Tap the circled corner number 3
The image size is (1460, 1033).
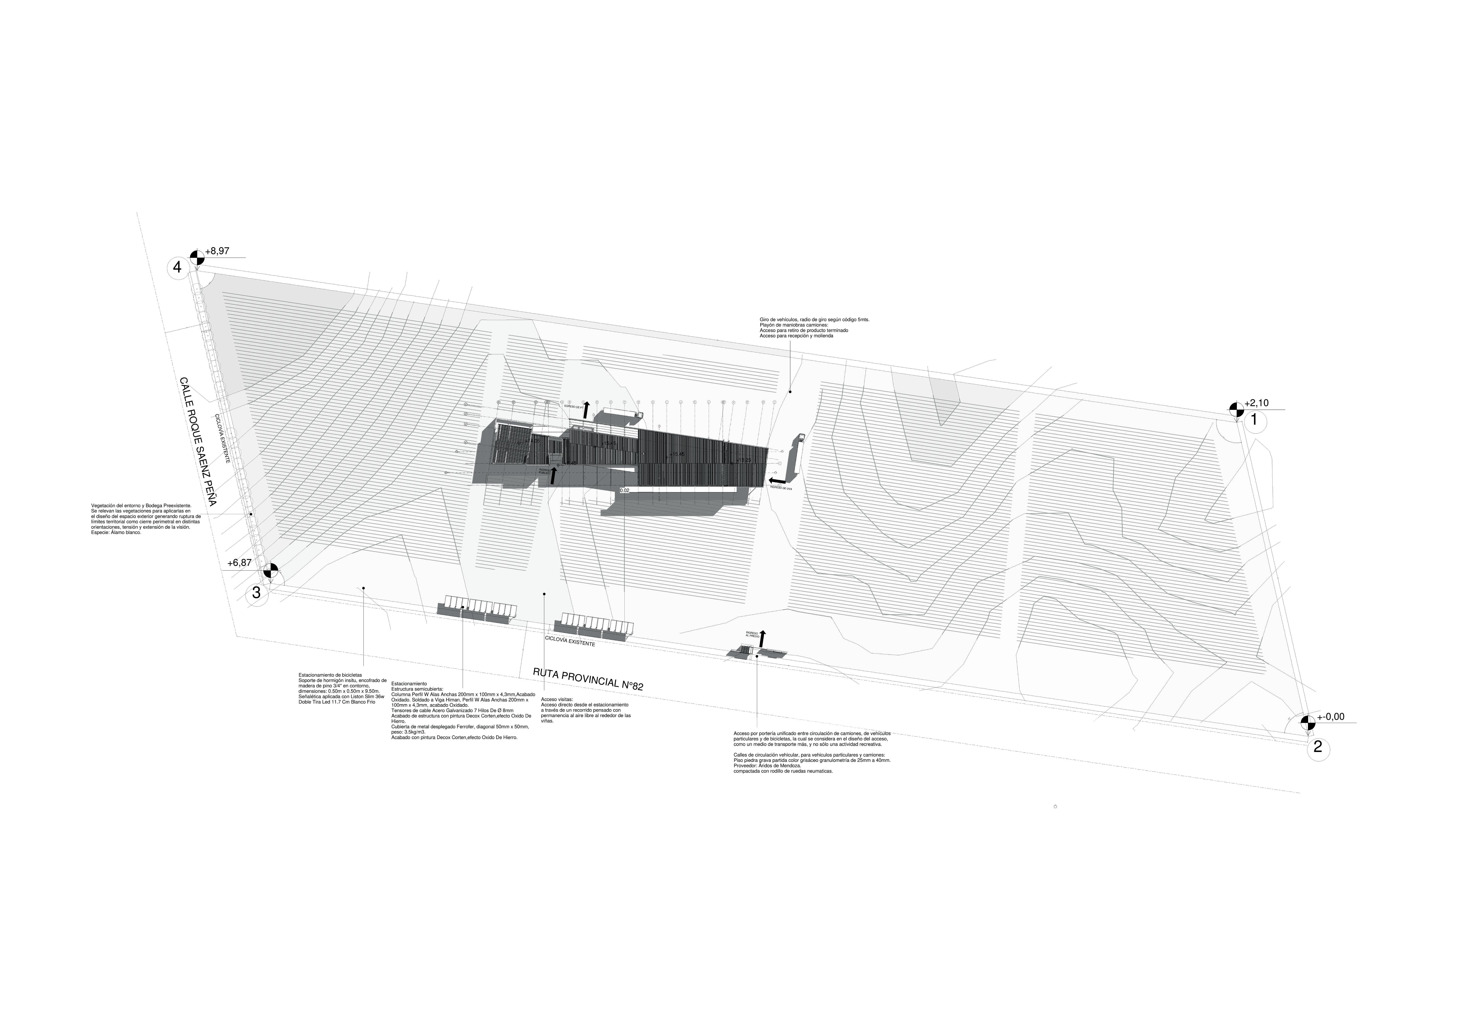[x=256, y=593]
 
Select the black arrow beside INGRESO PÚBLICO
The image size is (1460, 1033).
[x=554, y=475]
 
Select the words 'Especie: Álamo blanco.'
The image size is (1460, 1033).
[x=116, y=532]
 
